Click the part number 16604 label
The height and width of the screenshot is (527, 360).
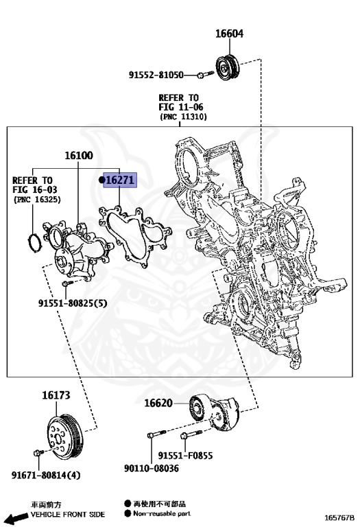tap(230, 34)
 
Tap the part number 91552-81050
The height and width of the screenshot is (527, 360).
tap(156, 75)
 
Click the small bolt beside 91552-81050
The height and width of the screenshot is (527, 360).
tap(199, 74)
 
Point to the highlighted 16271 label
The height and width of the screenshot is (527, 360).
tap(119, 180)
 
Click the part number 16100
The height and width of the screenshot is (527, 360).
tap(79, 156)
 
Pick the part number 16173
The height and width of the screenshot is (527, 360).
tap(56, 395)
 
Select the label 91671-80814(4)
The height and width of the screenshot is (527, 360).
tap(45, 474)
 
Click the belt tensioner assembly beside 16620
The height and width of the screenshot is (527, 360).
tap(220, 414)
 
